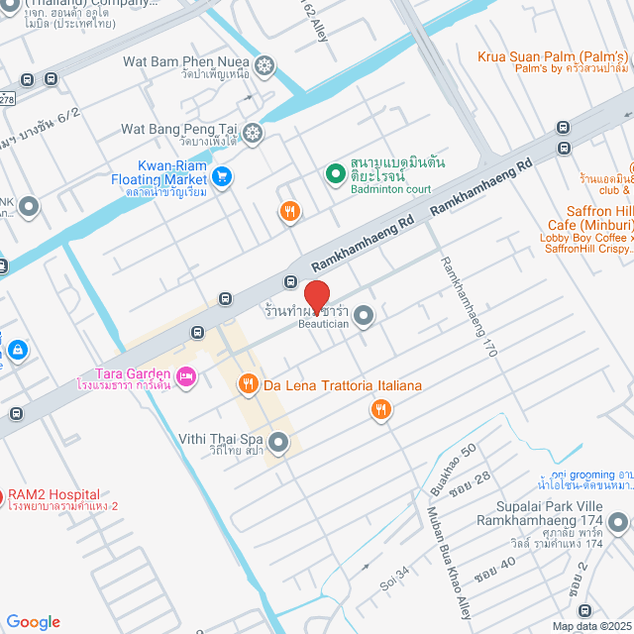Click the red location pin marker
(316, 296)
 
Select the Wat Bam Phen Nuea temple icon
(264, 65)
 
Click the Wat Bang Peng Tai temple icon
(254, 131)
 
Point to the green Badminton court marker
(335, 173)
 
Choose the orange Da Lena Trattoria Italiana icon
(248, 384)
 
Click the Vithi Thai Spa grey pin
(278, 441)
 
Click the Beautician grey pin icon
(365, 317)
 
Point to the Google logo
(33, 621)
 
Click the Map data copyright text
(590, 626)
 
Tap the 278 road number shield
(6, 100)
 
